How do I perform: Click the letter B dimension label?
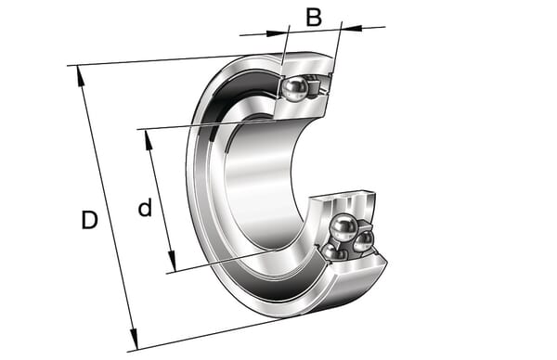(314, 18)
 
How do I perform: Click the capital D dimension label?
(89, 220)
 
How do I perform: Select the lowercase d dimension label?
(145, 208)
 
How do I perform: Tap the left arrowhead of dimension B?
(277, 33)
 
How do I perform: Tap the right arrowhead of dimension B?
(352, 28)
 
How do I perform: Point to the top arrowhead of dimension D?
(80, 76)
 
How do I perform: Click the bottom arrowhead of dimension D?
(134, 340)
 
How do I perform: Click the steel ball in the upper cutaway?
(295, 89)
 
